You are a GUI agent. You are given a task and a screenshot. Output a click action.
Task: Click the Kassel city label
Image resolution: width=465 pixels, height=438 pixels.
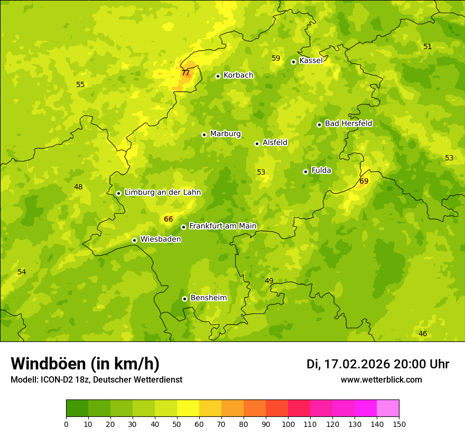(311, 61)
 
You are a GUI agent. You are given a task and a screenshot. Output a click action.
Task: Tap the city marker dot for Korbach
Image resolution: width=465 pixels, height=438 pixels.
(218, 76)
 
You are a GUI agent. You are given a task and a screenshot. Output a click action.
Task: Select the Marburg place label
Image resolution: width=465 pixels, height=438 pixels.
(225, 134)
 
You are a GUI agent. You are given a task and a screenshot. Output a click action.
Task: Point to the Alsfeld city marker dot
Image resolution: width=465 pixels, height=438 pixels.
(257, 144)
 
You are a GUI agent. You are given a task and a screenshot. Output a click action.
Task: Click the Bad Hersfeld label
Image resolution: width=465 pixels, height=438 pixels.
(348, 123)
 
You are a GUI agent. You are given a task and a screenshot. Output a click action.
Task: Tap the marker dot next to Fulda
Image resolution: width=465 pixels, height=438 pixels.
(305, 172)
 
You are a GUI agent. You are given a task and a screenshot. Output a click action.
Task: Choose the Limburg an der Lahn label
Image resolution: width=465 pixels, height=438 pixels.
(162, 193)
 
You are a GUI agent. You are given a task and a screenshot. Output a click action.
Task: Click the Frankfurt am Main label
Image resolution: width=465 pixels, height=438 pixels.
(222, 226)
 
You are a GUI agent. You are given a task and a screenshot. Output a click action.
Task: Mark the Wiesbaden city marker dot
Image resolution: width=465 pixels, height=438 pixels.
(134, 240)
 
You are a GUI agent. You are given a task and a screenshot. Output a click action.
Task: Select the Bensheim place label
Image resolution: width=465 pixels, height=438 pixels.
(208, 298)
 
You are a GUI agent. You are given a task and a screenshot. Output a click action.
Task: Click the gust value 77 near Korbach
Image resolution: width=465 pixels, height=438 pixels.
(185, 73)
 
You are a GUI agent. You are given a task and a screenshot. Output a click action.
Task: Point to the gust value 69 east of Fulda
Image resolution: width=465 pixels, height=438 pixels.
(364, 181)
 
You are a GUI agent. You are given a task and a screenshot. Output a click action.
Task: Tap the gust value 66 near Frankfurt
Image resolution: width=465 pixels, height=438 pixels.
(168, 219)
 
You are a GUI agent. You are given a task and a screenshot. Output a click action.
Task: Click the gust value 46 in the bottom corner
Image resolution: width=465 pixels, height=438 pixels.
(423, 334)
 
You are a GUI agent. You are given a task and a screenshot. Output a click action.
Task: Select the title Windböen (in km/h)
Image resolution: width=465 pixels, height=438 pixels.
(85, 364)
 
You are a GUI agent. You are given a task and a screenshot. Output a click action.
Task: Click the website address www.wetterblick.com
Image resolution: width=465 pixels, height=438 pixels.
(381, 380)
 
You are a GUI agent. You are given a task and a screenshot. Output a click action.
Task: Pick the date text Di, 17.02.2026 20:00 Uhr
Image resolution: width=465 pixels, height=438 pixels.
(378, 364)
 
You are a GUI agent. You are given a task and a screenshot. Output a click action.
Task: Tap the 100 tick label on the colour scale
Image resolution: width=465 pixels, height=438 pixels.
(288, 424)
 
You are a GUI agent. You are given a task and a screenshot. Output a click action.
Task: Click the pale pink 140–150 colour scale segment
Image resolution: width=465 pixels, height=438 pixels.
(388, 408)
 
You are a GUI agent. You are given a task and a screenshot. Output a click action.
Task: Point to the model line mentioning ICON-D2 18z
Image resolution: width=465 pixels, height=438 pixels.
(96, 380)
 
